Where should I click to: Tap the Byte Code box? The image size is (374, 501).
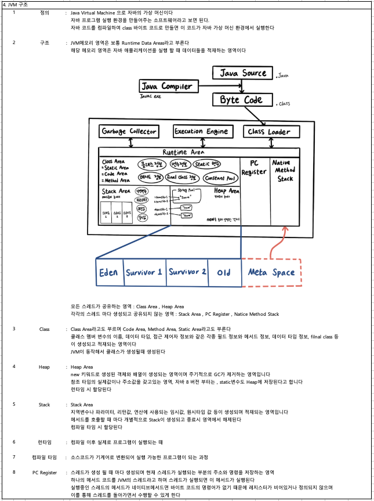point(241,100)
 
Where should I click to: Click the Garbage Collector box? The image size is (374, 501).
point(129,131)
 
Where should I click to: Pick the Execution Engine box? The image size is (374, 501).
point(201,131)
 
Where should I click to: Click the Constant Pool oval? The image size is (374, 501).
point(219,178)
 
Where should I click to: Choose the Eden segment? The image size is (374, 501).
point(108,272)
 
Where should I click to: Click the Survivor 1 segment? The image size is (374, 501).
point(144,272)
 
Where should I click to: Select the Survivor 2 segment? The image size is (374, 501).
point(187,272)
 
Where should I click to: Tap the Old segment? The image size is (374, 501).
point(224,272)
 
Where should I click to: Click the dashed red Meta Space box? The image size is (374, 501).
point(271,272)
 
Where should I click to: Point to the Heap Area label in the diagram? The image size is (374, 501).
point(226,190)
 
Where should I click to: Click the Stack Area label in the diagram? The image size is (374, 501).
point(116,190)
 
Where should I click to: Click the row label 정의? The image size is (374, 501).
point(45,12)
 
